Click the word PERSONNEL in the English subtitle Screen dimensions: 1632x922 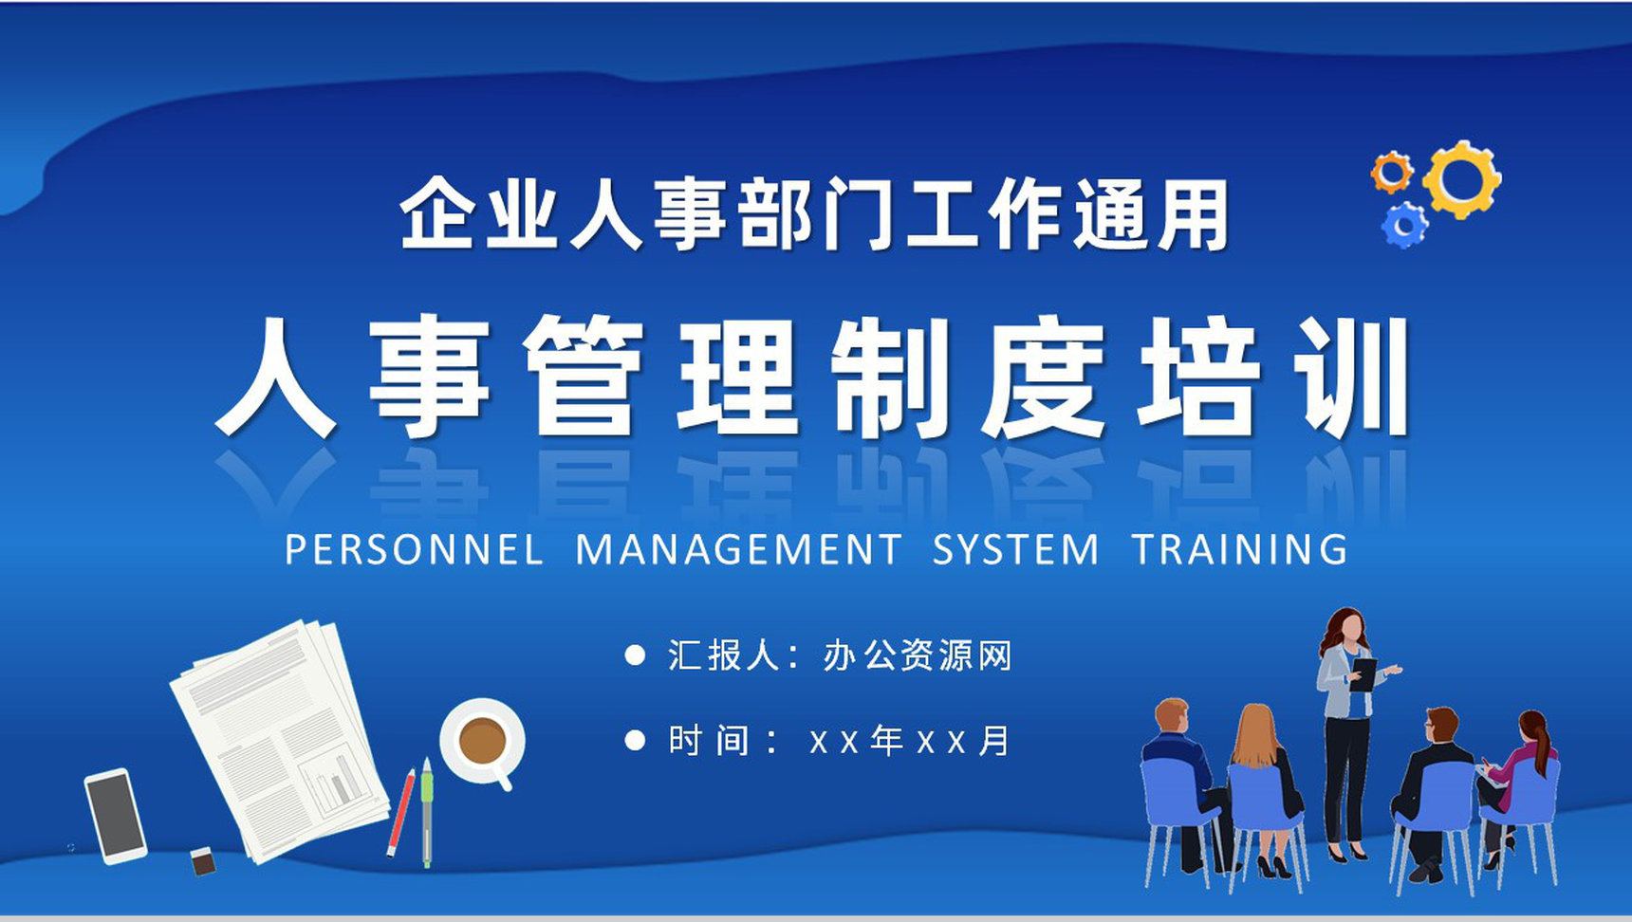click(x=414, y=550)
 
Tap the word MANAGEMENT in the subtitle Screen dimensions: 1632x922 click(x=739, y=550)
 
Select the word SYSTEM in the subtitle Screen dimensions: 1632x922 click(x=1015, y=550)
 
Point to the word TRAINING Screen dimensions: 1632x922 click(x=1240, y=550)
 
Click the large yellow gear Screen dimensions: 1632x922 click(x=1462, y=180)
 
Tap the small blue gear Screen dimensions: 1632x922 click(x=1403, y=226)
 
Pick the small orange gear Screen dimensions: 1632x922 click(x=1392, y=173)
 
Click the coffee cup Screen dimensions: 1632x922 click(x=483, y=743)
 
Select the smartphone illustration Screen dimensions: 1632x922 click(x=116, y=816)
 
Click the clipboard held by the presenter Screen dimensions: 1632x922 click(x=1363, y=674)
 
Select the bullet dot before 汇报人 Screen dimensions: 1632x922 click(x=635, y=655)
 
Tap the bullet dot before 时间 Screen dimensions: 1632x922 click(x=635, y=741)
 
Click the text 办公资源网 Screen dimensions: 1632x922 click(x=918, y=655)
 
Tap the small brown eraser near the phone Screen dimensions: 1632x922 click(x=203, y=860)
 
